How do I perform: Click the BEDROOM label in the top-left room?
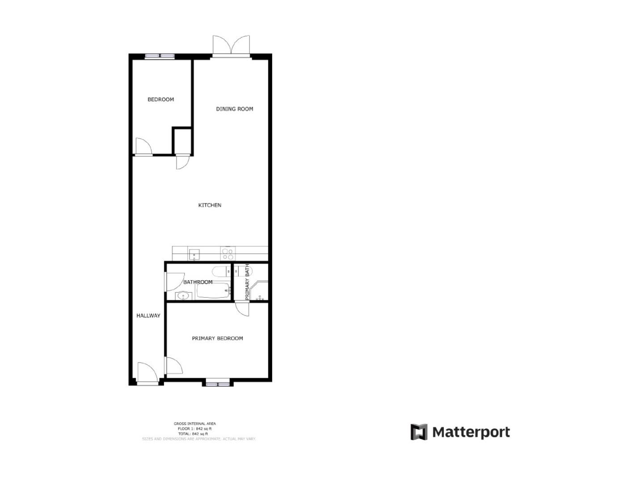click(160, 99)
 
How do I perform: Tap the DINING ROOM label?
click(234, 109)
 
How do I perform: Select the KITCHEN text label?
click(210, 205)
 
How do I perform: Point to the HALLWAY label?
click(148, 316)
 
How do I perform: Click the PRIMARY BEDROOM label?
click(217, 338)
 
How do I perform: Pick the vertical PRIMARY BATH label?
click(247, 282)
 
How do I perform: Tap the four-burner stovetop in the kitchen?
click(228, 254)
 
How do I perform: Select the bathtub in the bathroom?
click(213, 291)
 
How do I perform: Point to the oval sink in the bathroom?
click(183, 295)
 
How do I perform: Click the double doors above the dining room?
click(231, 46)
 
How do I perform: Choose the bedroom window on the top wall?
click(160, 56)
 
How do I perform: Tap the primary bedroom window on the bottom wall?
click(218, 383)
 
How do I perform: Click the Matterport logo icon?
click(419, 432)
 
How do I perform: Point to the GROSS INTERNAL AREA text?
click(194, 423)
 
